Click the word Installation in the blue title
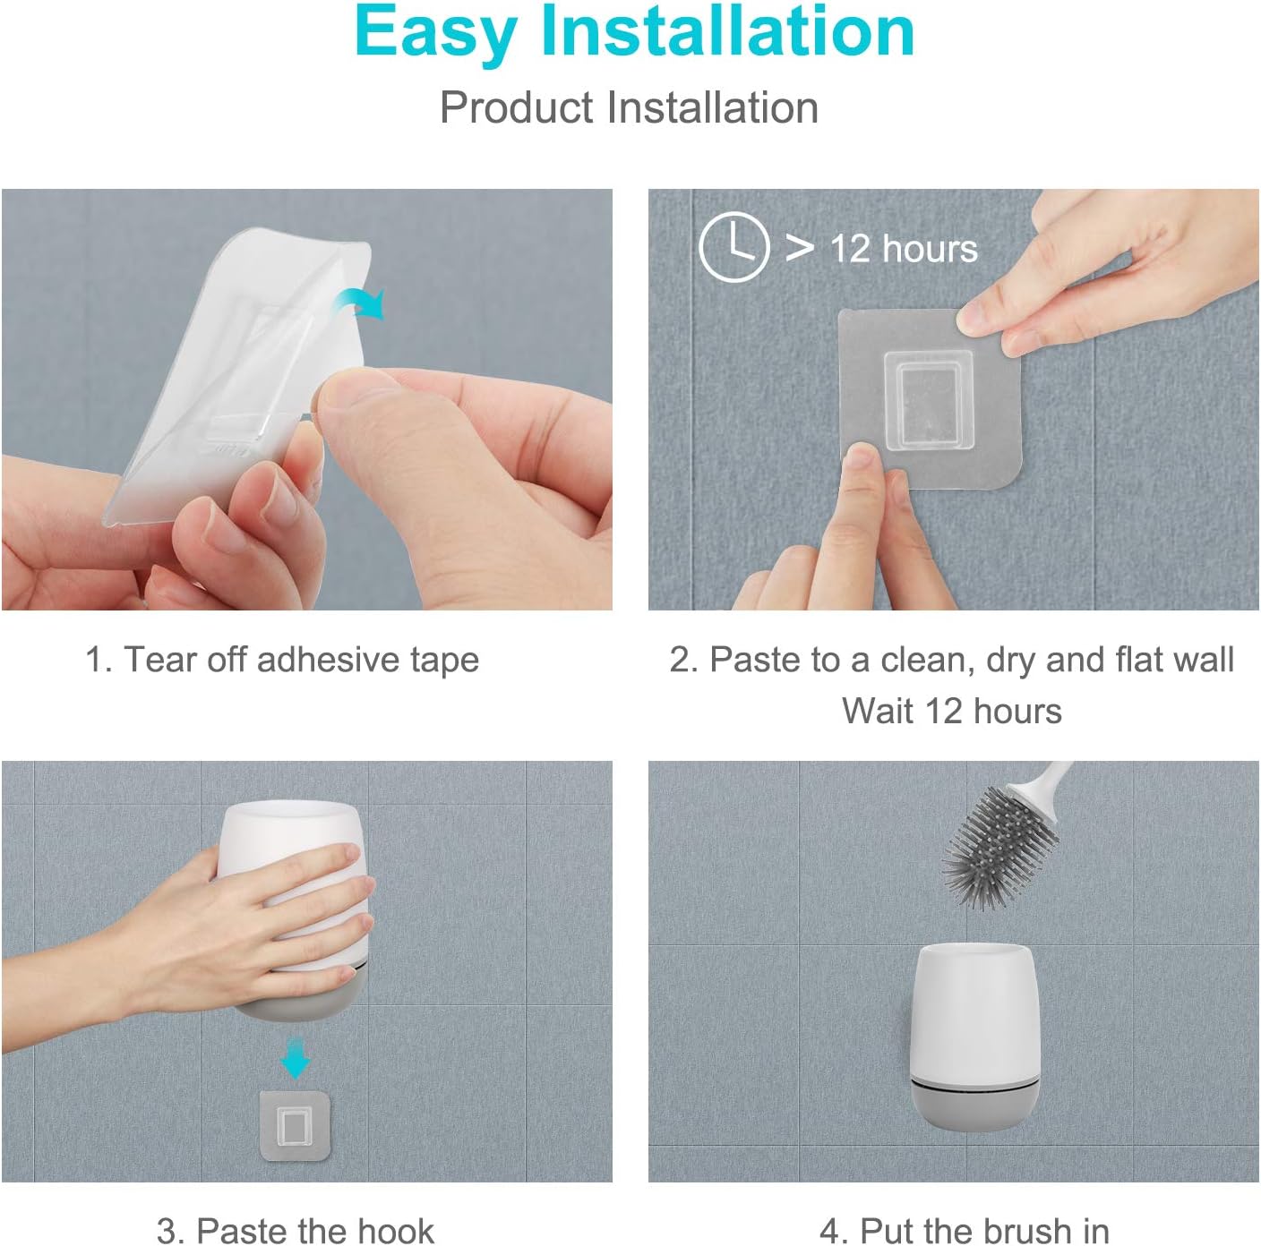click(727, 31)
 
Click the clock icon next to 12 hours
click(733, 247)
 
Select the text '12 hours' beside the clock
click(903, 249)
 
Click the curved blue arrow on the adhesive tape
click(360, 305)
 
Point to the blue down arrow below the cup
click(295, 1058)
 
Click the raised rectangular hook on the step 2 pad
click(929, 400)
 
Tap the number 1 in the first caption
click(94, 661)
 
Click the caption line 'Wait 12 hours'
click(951, 712)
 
